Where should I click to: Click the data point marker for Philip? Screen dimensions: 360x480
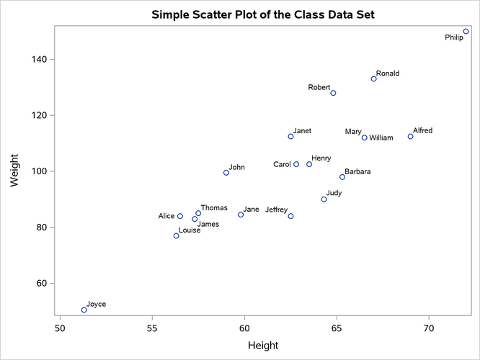coord(466,32)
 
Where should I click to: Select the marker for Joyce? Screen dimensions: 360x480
coord(84,310)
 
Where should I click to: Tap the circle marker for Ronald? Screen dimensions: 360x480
coord(373,79)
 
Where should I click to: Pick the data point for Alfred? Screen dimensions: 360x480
coord(410,137)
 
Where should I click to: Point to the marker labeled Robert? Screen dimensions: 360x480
coord(333,93)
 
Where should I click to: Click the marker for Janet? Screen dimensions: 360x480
coord(290,137)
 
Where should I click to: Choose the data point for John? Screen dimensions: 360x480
coord(226,173)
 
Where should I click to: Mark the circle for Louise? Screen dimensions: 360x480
coord(176,236)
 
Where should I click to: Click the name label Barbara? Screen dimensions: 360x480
coord(357,172)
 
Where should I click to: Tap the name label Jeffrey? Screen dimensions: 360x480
coord(276,210)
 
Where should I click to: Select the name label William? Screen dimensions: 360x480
coord(381,138)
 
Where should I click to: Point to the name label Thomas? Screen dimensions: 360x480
coord(214,208)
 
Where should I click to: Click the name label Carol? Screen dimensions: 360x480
coord(282,164)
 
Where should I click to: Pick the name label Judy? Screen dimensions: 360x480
coord(334,193)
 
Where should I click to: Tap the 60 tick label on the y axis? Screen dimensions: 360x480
coord(43,284)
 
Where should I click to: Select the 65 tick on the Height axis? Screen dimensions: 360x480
coord(337,329)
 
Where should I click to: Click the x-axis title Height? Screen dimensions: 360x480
coord(263,346)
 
